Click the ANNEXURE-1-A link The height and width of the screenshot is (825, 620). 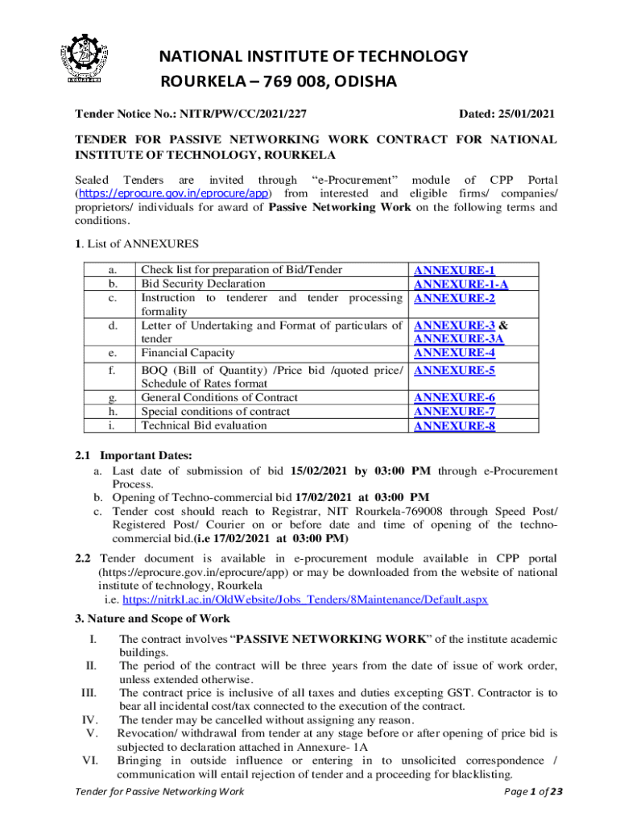(x=461, y=284)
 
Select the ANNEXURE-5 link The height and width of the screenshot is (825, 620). (x=454, y=370)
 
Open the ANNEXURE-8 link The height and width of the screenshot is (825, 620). (x=454, y=425)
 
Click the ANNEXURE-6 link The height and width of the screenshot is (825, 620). (x=454, y=398)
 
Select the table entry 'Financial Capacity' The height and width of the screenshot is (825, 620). (x=188, y=352)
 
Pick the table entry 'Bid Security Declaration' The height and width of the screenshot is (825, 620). (x=203, y=284)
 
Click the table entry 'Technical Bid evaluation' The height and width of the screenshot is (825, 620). (x=205, y=425)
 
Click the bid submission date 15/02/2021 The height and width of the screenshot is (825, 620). (x=320, y=471)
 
